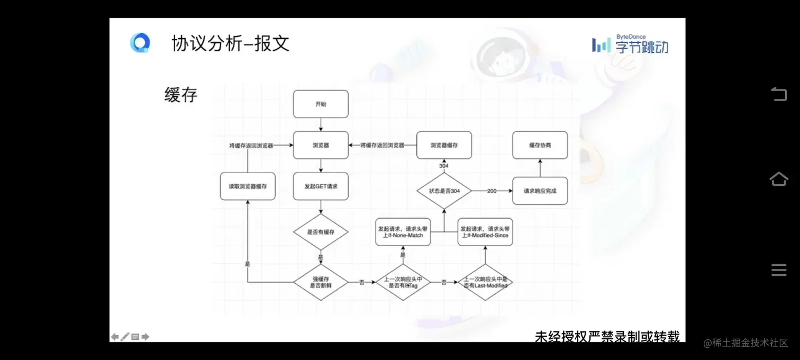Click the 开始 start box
pos(321,104)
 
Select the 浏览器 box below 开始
pos(321,145)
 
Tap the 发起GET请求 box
pos(321,186)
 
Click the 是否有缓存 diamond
pos(321,232)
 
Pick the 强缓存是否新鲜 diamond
pos(321,282)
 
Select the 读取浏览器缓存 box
pos(248,186)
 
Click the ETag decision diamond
pos(403,282)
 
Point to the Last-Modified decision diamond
pos(485,282)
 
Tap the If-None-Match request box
pos(403,232)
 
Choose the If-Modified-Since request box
pos(485,232)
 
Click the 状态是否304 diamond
pos(444,191)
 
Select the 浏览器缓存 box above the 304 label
pos(444,145)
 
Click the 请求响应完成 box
pos(540,191)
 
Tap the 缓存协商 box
pos(540,145)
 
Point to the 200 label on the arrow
pos(492,191)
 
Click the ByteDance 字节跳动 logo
pos(630,44)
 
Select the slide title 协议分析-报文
pos(231,43)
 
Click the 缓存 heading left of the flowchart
pos(180,95)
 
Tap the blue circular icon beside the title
pos(140,43)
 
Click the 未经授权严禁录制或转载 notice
pos(607,336)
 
